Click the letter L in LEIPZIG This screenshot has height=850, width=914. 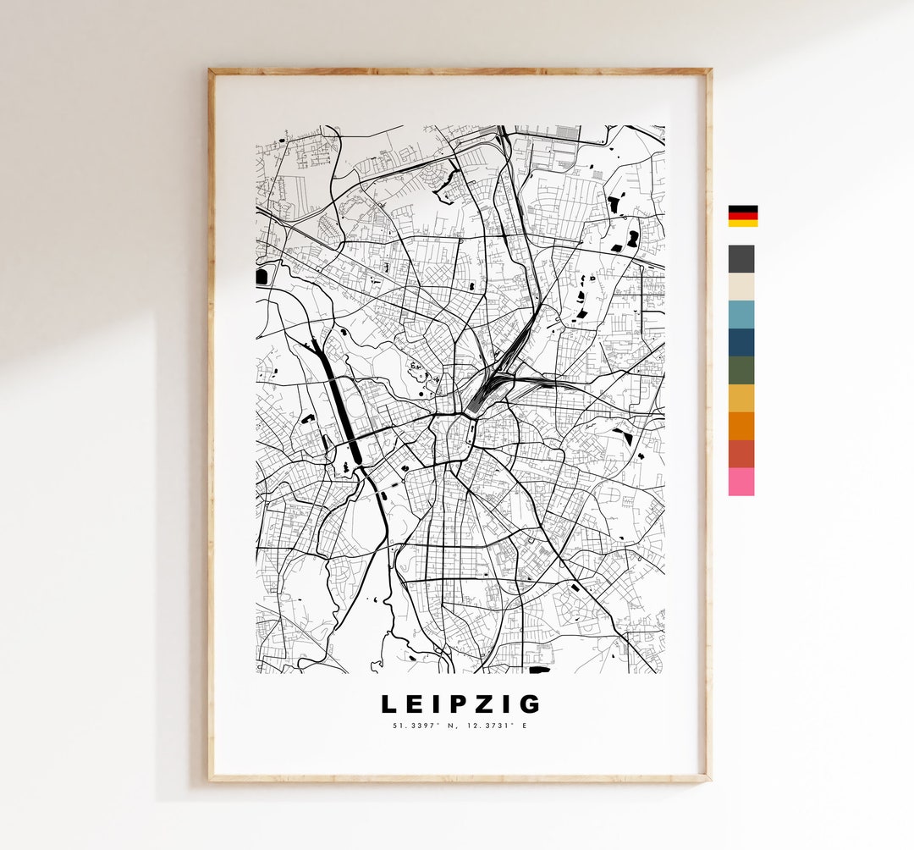pyautogui.click(x=388, y=704)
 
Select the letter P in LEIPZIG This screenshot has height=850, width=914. pyautogui.click(x=457, y=704)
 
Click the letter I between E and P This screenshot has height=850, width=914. pyautogui.click(x=436, y=704)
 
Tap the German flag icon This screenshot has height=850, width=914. pyautogui.click(x=742, y=216)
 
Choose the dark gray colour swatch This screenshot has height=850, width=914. pyautogui.click(x=741, y=259)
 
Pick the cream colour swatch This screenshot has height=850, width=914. pyautogui.click(x=741, y=287)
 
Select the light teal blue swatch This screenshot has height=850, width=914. pyautogui.click(x=741, y=314)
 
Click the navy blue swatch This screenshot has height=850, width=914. pyautogui.click(x=741, y=342)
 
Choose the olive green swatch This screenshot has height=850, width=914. pyautogui.click(x=741, y=370)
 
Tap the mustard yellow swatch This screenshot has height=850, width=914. pyautogui.click(x=741, y=398)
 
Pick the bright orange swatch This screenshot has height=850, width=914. pyautogui.click(x=741, y=426)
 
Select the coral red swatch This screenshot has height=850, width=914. pyautogui.click(x=741, y=454)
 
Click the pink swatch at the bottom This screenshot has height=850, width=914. pyautogui.click(x=741, y=482)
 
